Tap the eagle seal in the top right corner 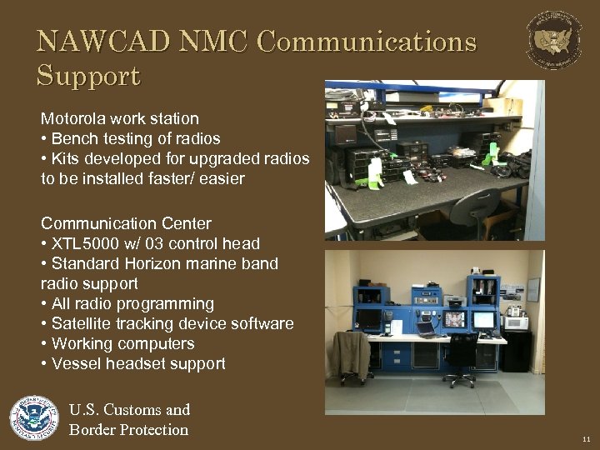554,39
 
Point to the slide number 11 587,437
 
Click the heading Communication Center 126,223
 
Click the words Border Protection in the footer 128,430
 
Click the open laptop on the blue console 427,327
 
